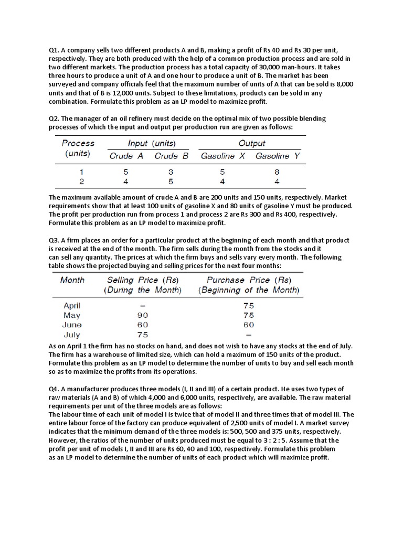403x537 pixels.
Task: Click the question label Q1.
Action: [x=54, y=50]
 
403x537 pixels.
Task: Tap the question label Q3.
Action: [x=54, y=241]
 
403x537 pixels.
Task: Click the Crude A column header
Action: [x=126, y=156]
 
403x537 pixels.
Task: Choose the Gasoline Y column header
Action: [x=278, y=156]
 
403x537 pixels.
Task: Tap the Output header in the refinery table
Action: [x=252, y=143]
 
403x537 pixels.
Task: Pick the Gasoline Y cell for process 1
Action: [x=277, y=171]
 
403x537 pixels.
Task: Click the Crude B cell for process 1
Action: [x=171, y=171]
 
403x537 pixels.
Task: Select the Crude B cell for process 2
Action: [x=171, y=181]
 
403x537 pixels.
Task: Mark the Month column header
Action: [x=72, y=280]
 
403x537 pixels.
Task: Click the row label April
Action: [x=72, y=306]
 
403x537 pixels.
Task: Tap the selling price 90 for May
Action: [x=143, y=315]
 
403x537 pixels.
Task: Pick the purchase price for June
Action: [x=249, y=325]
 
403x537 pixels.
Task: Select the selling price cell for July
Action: [x=143, y=335]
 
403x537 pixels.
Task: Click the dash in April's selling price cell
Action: [x=143, y=306]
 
